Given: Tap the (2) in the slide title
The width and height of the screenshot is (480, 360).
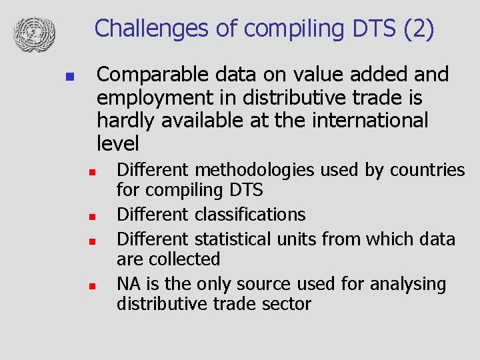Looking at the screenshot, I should [x=418, y=29].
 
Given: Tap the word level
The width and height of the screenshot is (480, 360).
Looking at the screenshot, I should [x=118, y=143].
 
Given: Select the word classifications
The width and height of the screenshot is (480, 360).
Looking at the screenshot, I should [x=250, y=215].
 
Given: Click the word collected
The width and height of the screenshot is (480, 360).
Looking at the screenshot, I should [x=187, y=259].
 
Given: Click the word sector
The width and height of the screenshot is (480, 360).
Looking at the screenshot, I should [x=287, y=304].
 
